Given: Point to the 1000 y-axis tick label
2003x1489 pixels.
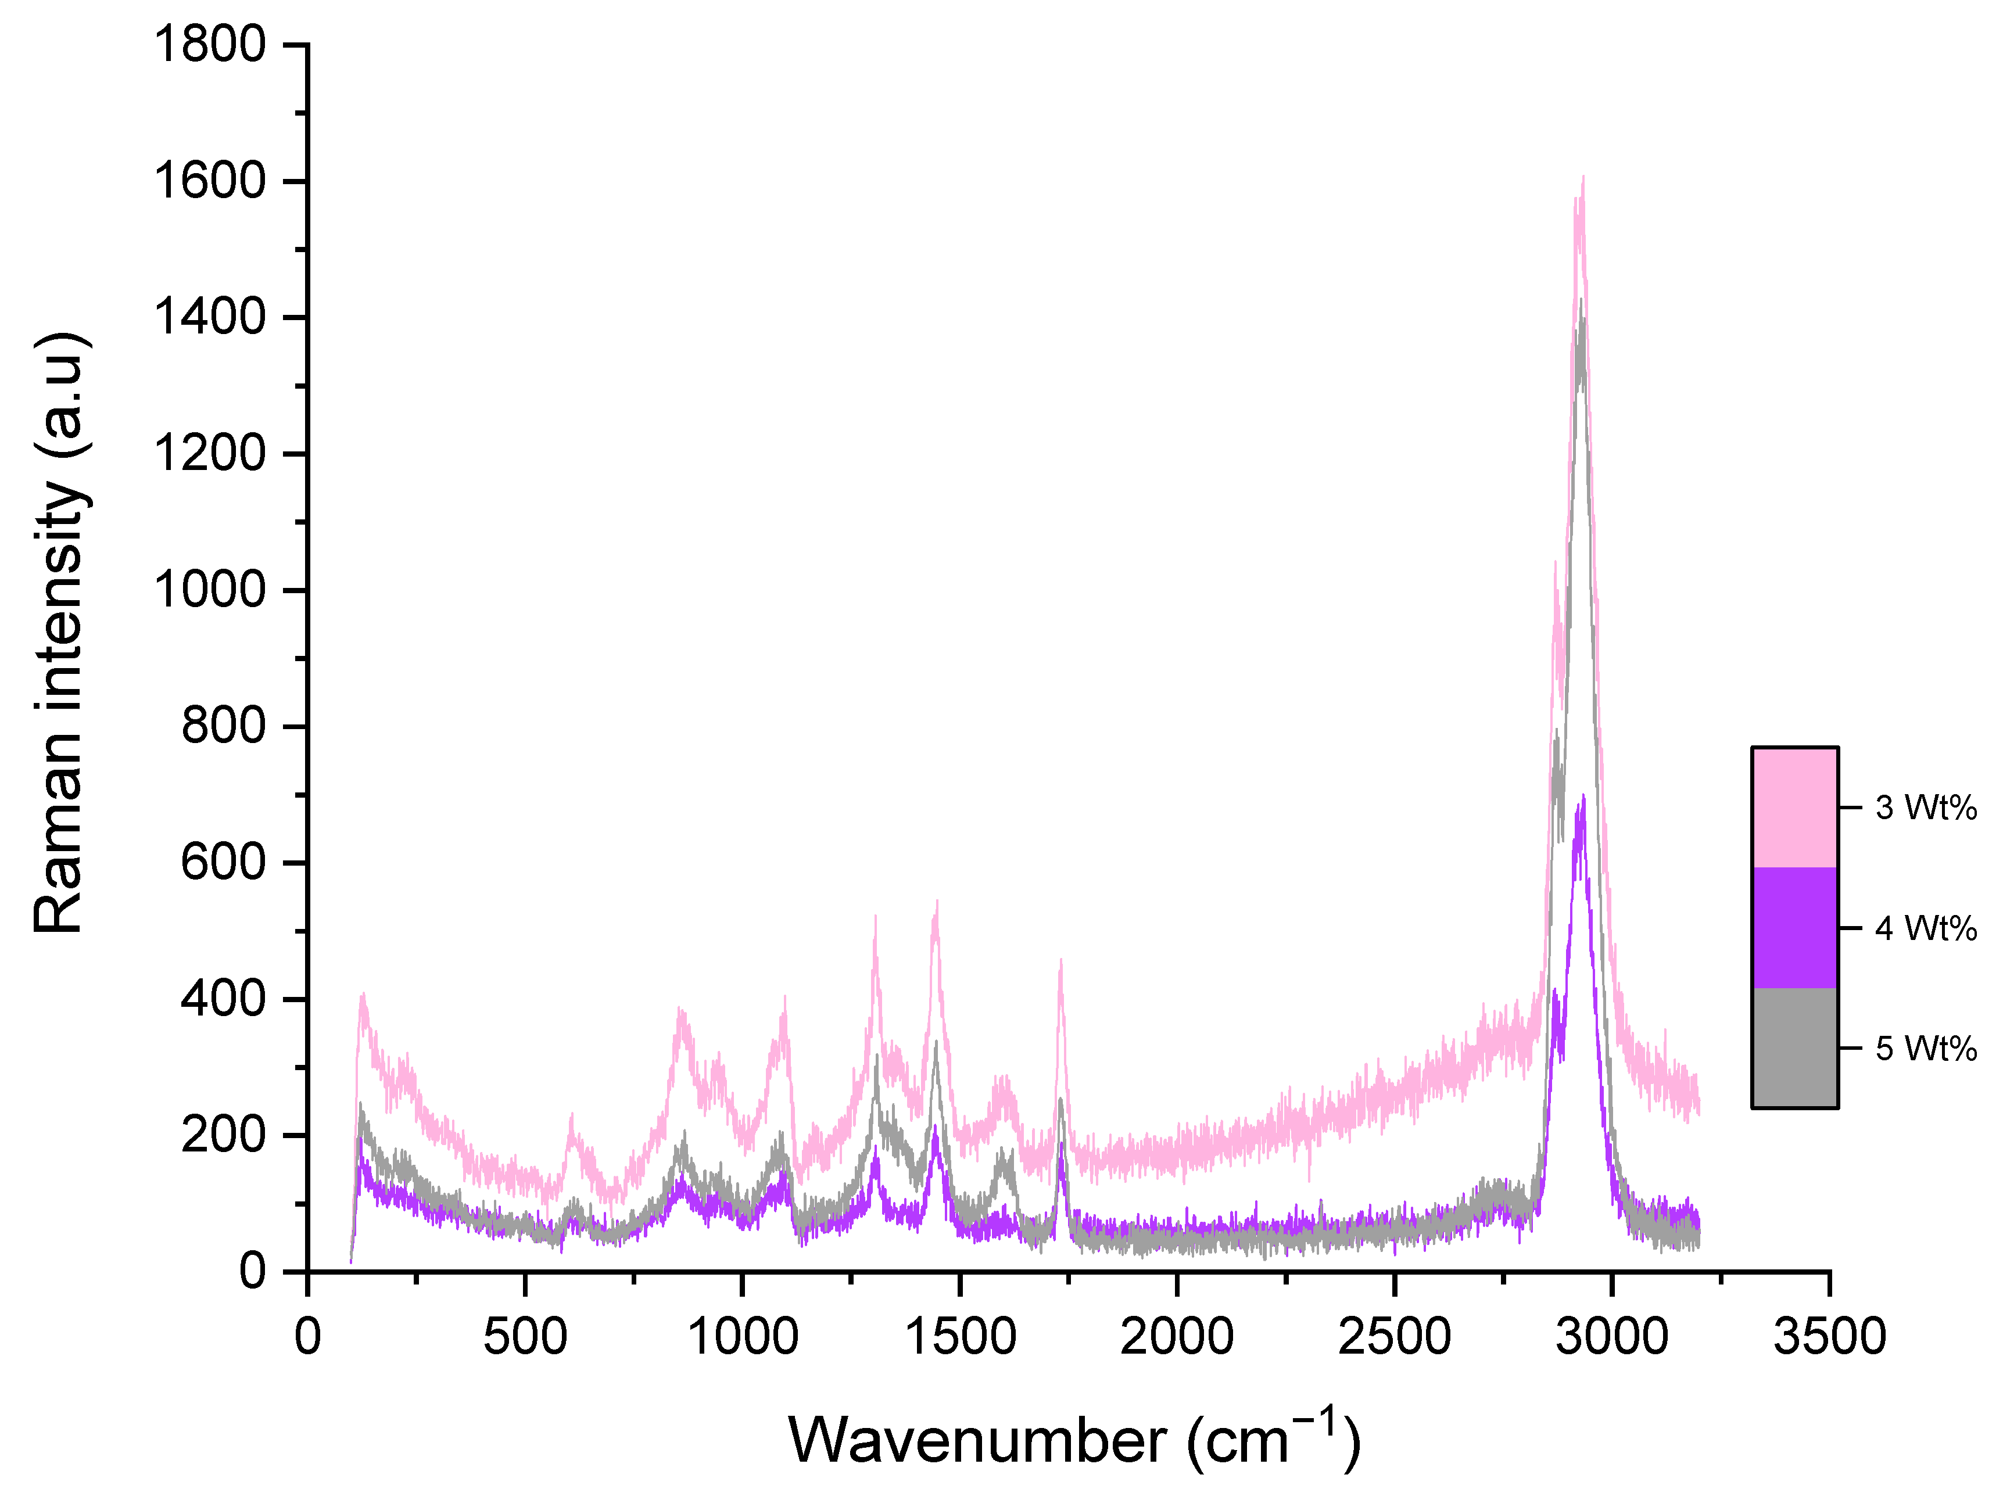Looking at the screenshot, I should [x=210, y=590].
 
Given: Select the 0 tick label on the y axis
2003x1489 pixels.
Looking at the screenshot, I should [x=252, y=1272].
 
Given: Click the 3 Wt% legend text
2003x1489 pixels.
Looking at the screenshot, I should [x=1926, y=808].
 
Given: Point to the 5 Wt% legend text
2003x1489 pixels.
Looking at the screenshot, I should [x=1926, y=1048].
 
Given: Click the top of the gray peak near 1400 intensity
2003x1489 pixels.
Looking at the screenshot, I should [x=1580, y=301].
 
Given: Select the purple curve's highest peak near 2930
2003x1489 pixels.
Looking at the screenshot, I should [x=1582, y=796].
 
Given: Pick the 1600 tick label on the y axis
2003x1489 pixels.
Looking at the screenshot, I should [x=210, y=181].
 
